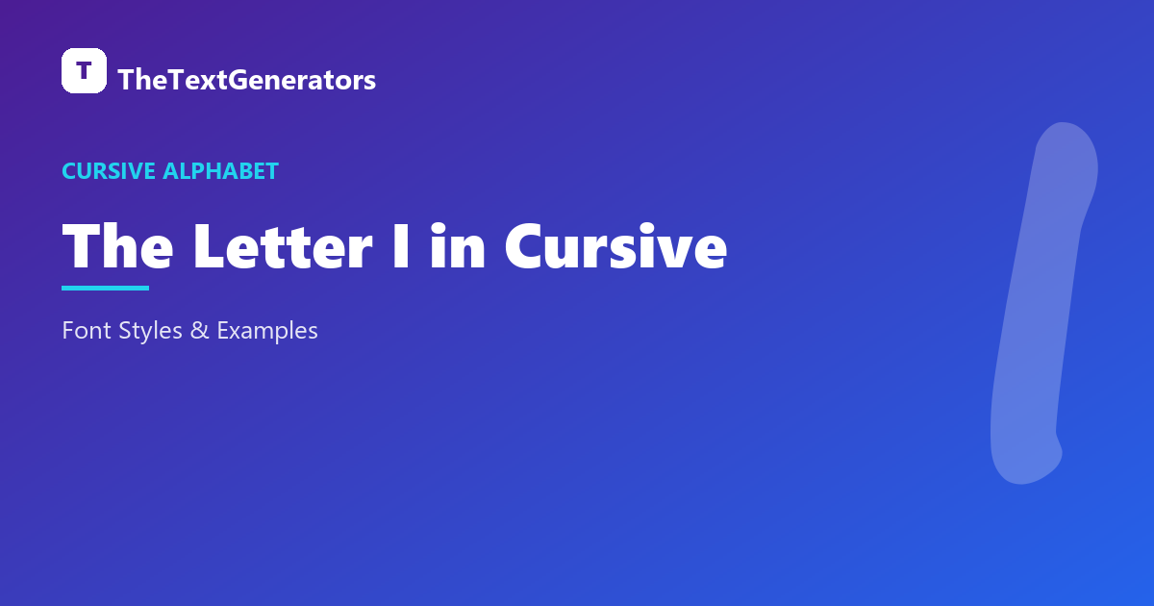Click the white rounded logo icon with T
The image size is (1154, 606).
pyautogui.click(x=84, y=70)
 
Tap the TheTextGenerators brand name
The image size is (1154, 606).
pyautogui.click(x=247, y=80)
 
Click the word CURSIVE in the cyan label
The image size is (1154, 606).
pyautogui.click(x=109, y=171)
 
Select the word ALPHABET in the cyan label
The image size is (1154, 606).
pyautogui.click(x=220, y=171)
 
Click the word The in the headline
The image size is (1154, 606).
pyautogui.click(x=117, y=246)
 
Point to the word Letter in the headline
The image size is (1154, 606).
pyautogui.click(x=283, y=246)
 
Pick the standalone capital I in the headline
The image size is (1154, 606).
pyautogui.click(x=401, y=246)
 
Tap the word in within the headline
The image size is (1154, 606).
pyautogui.click(x=458, y=246)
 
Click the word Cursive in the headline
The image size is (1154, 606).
pyautogui.click(x=616, y=246)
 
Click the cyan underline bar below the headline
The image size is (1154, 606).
pyautogui.click(x=105, y=288)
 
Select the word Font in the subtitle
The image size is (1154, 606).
pyautogui.click(x=87, y=330)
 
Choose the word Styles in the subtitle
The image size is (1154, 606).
pyautogui.click(x=150, y=331)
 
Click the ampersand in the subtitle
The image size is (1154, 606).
pyautogui.click(x=200, y=330)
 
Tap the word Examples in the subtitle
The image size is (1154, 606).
pyautogui.click(x=267, y=331)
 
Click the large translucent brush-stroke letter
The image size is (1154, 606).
pyautogui.click(x=1043, y=304)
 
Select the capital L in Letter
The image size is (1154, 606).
pyautogui.click(x=208, y=246)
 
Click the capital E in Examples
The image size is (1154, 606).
pyautogui.click(x=222, y=330)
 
